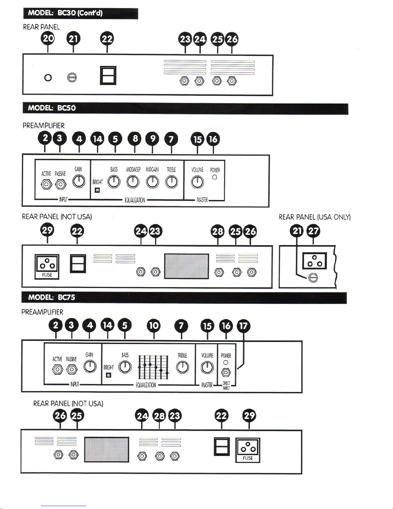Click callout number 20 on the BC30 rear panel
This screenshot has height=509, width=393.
pos(48,39)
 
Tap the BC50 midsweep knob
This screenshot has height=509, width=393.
pos(133,182)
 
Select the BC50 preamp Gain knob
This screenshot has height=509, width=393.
pos(79,181)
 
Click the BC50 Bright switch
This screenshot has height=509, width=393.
pos(97,190)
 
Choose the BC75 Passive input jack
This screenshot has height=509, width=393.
pos(72,370)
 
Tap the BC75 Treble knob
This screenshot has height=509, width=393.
pos(183,367)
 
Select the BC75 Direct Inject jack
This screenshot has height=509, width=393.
pos(226,373)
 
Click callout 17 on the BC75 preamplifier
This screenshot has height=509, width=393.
pos(243,326)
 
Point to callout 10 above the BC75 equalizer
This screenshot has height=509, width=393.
pos(154,326)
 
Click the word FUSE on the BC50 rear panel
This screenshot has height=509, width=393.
pos(47,275)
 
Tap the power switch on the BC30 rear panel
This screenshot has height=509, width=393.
pos(108,75)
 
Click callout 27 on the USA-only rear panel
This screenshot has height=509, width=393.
pos(313,231)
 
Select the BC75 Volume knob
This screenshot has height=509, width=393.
pos(207,367)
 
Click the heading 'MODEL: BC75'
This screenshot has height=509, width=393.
pos(51,297)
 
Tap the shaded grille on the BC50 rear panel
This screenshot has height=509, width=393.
pos(186,266)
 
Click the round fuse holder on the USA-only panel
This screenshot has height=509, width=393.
pos(313,278)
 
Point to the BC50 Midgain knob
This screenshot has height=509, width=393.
pos(152,182)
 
